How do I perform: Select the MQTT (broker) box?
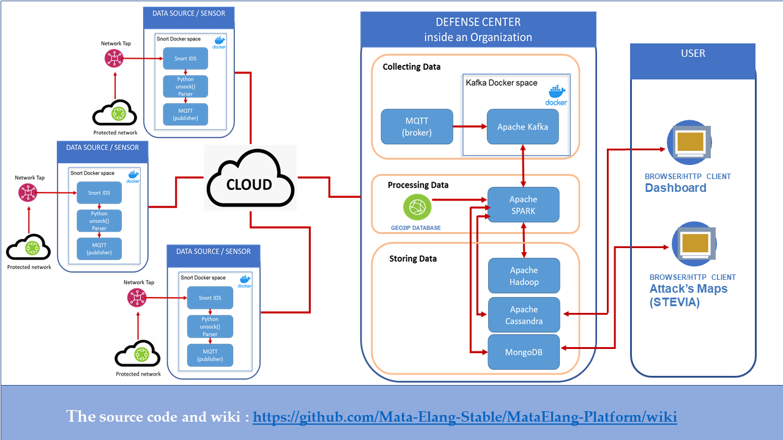pos(417,127)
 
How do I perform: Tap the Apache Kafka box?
pos(522,127)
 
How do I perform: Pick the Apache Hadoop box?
pos(524,276)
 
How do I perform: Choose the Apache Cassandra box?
pos(524,315)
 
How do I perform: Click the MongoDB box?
pos(524,352)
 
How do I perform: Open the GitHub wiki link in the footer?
pos(464,417)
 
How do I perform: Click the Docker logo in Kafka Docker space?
pos(556,95)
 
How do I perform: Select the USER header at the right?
pos(692,54)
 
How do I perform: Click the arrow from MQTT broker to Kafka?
pos(470,127)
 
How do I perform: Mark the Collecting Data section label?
pos(411,67)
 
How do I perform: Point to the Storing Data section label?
pos(413,258)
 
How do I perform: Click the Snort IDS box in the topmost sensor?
pos(185,59)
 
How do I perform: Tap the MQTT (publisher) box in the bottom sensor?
pos(210,355)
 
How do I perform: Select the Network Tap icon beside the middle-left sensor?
pos(28,193)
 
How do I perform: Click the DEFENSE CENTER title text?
pos(478,23)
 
